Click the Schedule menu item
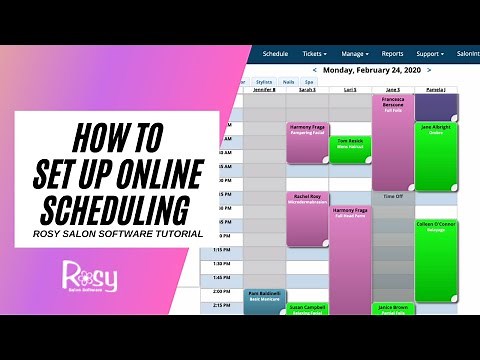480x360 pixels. pos(275,53)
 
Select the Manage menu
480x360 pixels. pos(354,53)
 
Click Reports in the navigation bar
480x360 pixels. pos(392,53)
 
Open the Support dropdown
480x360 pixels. pos(432,53)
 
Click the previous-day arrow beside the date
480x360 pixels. pos(316,71)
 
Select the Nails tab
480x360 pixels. pos(288,83)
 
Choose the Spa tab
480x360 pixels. pos(309,83)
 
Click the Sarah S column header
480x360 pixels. pos(308,90)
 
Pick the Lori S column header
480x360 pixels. pos(350,90)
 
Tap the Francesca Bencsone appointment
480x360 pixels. pos(393,140)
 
